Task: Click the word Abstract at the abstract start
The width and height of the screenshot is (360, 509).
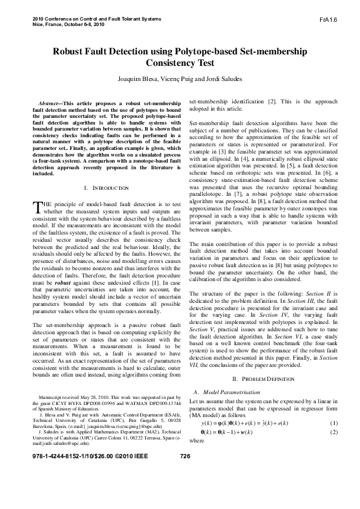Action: tap(50, 105)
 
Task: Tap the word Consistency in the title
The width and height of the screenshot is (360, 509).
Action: tap(180, 63)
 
